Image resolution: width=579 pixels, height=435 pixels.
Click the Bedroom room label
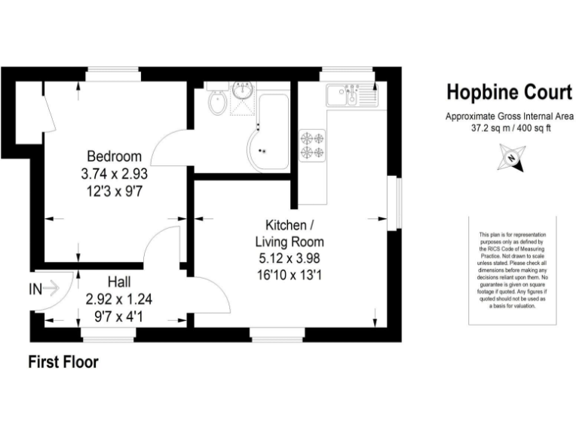tap(114, 156)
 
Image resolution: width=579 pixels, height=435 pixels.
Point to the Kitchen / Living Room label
tap(289, 234)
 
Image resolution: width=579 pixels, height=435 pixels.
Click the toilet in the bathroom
tap(216, 101)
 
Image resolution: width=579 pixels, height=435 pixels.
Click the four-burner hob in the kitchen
tap(313, 145)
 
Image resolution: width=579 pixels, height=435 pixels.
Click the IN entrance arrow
tap(44, 288)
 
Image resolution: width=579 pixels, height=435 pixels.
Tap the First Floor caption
tap(63, 362)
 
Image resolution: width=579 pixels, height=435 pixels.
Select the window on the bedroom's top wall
tap(113, 74)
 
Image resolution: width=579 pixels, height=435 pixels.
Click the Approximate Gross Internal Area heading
tap(509, 116)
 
